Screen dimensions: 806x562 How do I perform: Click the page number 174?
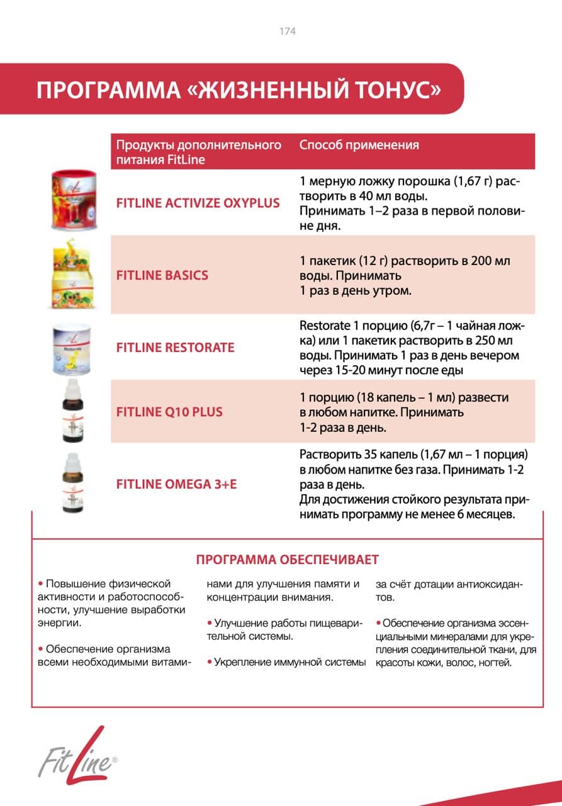coord(287,31)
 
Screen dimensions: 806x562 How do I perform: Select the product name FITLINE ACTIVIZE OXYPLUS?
coord(198,204)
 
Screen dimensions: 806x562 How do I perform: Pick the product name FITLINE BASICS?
coord(162,275)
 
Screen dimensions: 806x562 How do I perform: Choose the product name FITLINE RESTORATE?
coord(175,348)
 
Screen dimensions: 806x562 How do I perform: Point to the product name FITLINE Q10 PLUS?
coord(169,412)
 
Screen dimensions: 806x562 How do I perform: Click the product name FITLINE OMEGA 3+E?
coord(176,484)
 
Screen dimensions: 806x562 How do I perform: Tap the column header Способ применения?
coord(359,145)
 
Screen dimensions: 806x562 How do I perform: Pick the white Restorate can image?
coord(70,348)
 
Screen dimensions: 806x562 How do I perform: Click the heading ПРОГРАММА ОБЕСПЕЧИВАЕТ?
coord(287,560)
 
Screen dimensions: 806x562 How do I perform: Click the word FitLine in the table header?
coord(186,159)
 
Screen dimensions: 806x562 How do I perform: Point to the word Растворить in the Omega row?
coord(327,454)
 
